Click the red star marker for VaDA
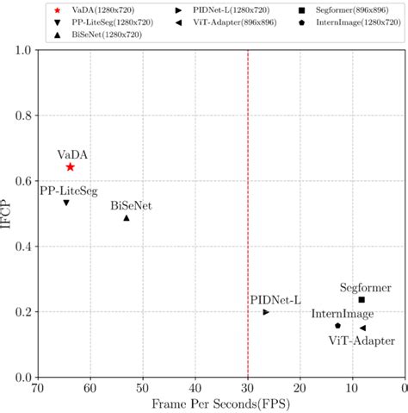point(70,166)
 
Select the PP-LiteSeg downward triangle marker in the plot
point(66,203)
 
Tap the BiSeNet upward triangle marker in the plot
point(127,218)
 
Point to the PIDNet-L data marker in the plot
point(266,312)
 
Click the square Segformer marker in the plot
point(362,300)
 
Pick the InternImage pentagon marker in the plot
point(337,326)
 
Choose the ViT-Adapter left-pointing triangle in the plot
point(362,329)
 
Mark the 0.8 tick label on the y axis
point(20,116)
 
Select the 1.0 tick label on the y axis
point(20,50)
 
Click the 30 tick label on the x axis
point(248,388)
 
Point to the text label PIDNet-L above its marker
point(275,299)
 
